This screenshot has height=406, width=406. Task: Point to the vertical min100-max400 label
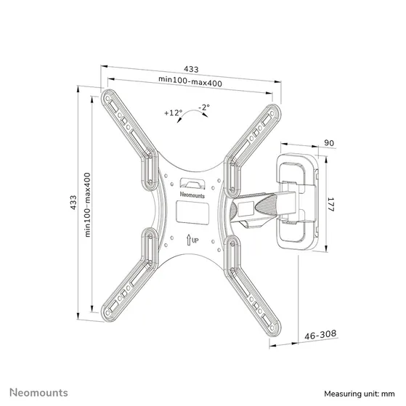pos(87,204)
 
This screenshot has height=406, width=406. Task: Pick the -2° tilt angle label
pos(204,107)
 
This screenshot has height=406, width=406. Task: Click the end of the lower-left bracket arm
pos(110,310)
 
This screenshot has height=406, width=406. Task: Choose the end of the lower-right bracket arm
pos(269,311)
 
